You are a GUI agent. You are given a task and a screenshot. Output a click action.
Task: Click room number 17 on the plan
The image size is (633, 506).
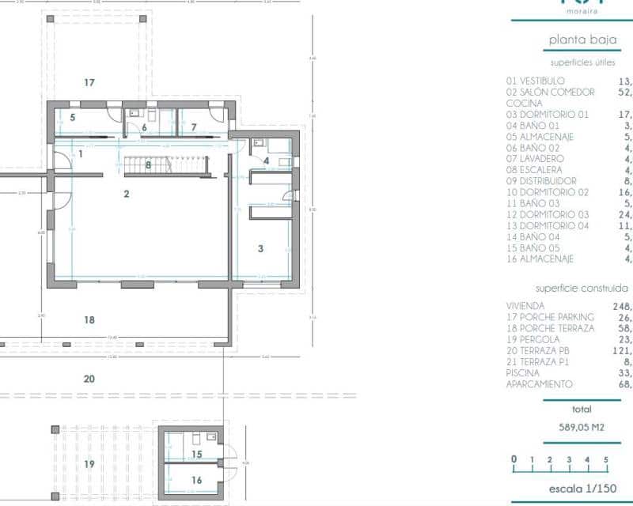(89, 82)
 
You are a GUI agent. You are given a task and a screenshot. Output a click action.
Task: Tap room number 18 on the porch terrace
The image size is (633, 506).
(89, 319)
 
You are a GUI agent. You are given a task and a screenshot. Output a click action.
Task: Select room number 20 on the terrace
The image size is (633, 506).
(89, 379)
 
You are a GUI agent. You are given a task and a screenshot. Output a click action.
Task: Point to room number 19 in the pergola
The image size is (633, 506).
(89, 463)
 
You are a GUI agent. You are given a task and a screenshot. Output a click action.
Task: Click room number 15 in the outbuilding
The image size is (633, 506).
(197, 454)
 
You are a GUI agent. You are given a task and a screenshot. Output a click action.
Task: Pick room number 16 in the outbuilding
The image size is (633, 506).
(197, 480)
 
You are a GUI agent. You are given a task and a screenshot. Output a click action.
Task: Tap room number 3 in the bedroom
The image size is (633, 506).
(260, 248)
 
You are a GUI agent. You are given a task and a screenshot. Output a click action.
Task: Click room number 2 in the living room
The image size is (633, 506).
(127, 193)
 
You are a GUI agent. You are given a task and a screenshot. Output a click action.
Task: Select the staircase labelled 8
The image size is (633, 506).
(148, 164)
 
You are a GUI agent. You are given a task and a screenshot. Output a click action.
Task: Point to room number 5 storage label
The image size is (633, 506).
(72, 118)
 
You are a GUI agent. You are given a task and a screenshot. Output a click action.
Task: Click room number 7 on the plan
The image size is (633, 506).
(193, 126)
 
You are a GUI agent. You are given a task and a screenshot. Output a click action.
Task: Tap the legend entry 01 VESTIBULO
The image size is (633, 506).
(536, 81)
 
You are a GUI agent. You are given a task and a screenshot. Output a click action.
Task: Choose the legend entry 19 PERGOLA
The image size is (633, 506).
(533, 339)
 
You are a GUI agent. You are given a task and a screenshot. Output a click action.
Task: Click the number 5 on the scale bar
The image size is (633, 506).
(606, 459)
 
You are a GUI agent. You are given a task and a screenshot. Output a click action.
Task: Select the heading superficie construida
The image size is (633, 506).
(582, 289)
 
